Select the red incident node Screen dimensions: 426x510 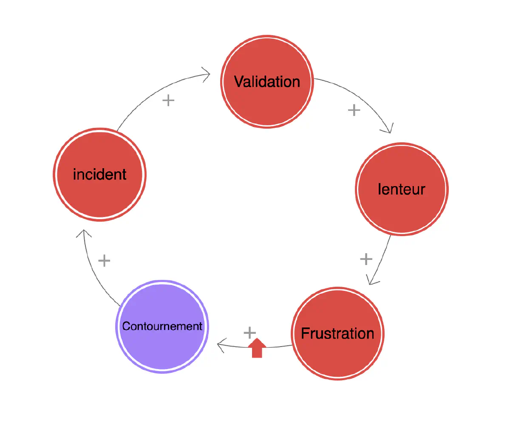click(x=100, y=191)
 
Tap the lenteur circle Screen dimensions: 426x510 click(x=402, y=208)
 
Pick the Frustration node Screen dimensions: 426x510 click(x=338, y=353)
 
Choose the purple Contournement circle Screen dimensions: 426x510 click(x=162, y=344)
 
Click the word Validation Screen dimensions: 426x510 click(x=267, y=82)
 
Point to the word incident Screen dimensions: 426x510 click(x=100, y=174)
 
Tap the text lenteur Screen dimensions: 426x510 click(x=401, y=189)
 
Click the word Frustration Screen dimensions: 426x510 click(x=337, y=333)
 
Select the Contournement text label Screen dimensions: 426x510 click(x=162, y=326)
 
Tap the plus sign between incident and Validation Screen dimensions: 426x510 click(x=169, y=101)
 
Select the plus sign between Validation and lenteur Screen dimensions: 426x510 click(x=354, y=110)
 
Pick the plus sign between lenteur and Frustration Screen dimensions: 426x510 click(x=366, y=259)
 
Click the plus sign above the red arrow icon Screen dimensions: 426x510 click(x=249, y=333)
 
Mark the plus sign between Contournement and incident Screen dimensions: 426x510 click(x=104, y=260)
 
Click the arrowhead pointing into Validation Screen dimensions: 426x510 click(x=207, y=73)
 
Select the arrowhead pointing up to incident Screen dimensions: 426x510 click(x=84, y=232)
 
